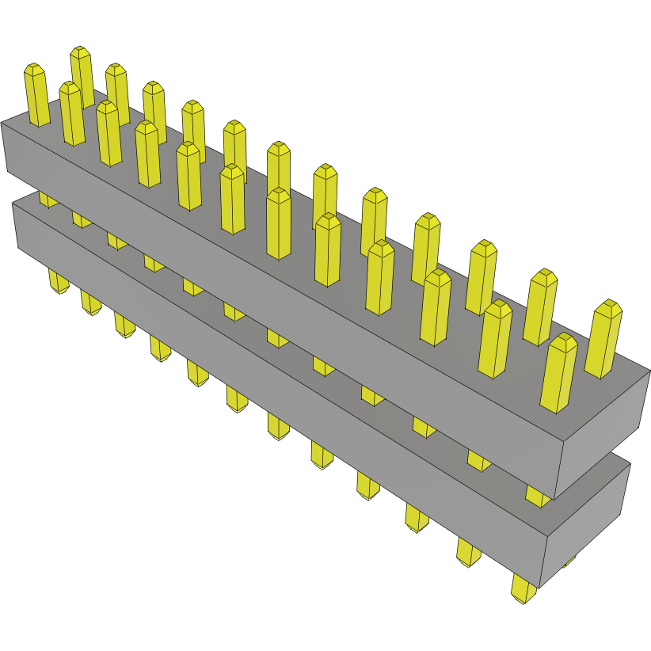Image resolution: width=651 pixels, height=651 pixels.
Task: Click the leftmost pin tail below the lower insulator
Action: (x=57, y=281)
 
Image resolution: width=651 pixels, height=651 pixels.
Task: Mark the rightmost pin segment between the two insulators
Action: (x=538, y=496)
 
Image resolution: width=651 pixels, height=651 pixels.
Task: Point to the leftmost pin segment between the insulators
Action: (x=48, y=198)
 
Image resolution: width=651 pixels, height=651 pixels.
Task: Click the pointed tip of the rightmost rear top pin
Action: (x=609, y=305)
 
